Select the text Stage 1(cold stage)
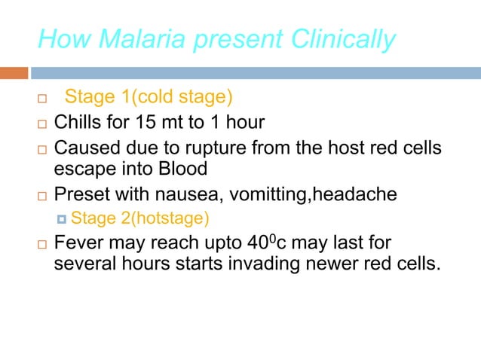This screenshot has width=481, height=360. tap(149, 98)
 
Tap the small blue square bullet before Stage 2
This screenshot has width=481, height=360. tap(62, 219)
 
